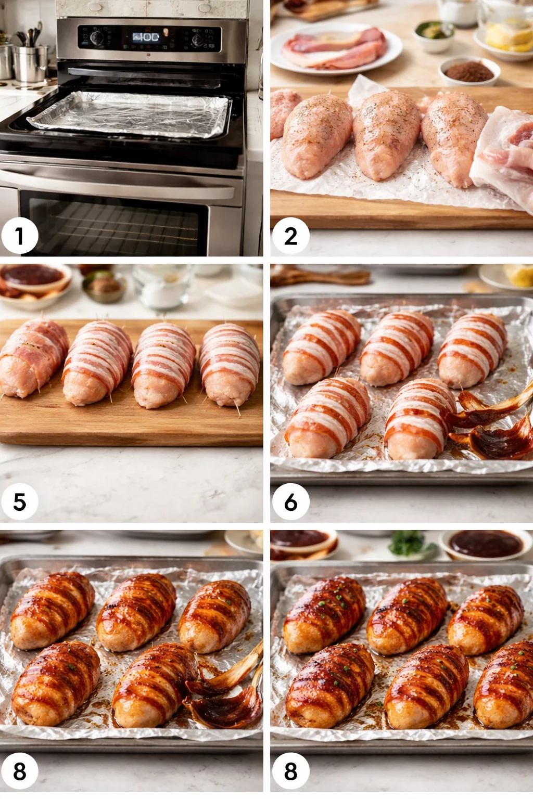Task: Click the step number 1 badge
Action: [x=19, y=236]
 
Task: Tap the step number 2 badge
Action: [x=290, y=236]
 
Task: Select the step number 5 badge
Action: [x=19, y=502]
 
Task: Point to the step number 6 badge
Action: [x=290, y=502]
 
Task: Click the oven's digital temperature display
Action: [x=146, y=37]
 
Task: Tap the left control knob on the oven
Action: [x=97, y=37]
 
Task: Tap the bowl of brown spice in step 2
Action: [x=469, y=71]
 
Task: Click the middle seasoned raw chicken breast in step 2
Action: [x=386, y=134]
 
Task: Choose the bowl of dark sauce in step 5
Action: [x=34, y=278]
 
